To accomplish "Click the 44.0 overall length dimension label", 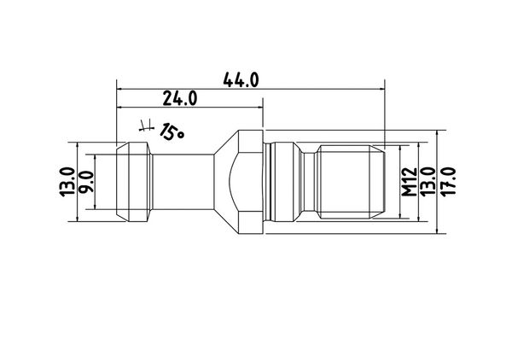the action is pyautogui.click(x=241, y=80).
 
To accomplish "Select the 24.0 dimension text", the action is pyautogui.click(x=180, y=98).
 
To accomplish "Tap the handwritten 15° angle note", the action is pyautogui.click(x=172, y=131).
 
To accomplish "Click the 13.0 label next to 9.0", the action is pyautogui.click(x=67, y=182).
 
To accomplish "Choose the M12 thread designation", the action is pyautogui.click(x=410, y=182).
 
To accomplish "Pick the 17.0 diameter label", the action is pyautogui.click(x=448, y=182).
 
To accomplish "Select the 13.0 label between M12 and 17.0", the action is pyautogui.click(x=428, y=182).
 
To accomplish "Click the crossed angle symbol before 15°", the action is pyautogui.click(x=146, y=126).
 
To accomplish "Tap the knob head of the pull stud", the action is pyautogui.click(x=134, y=182).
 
